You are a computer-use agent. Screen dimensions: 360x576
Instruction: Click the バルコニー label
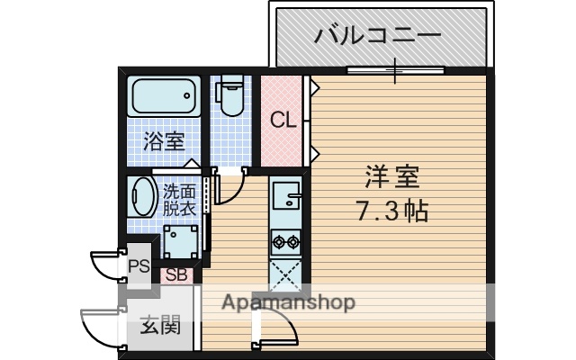[377, 37]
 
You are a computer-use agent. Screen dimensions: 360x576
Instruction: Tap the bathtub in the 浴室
[164, 95]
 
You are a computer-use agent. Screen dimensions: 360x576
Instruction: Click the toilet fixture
[230, 97]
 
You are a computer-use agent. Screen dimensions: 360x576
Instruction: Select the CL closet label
[283, 118]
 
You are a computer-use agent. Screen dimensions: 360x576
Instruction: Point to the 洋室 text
[391, 177]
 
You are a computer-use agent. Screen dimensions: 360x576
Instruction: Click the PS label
[138, 265]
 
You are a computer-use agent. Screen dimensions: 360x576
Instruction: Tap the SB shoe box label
[176, 275]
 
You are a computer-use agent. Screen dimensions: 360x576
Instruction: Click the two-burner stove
[287, 240]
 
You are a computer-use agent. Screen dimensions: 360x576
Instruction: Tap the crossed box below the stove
[287, 272]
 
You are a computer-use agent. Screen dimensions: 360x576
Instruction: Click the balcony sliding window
[396, 70]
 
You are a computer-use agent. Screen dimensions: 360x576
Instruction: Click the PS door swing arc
[103, 266]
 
